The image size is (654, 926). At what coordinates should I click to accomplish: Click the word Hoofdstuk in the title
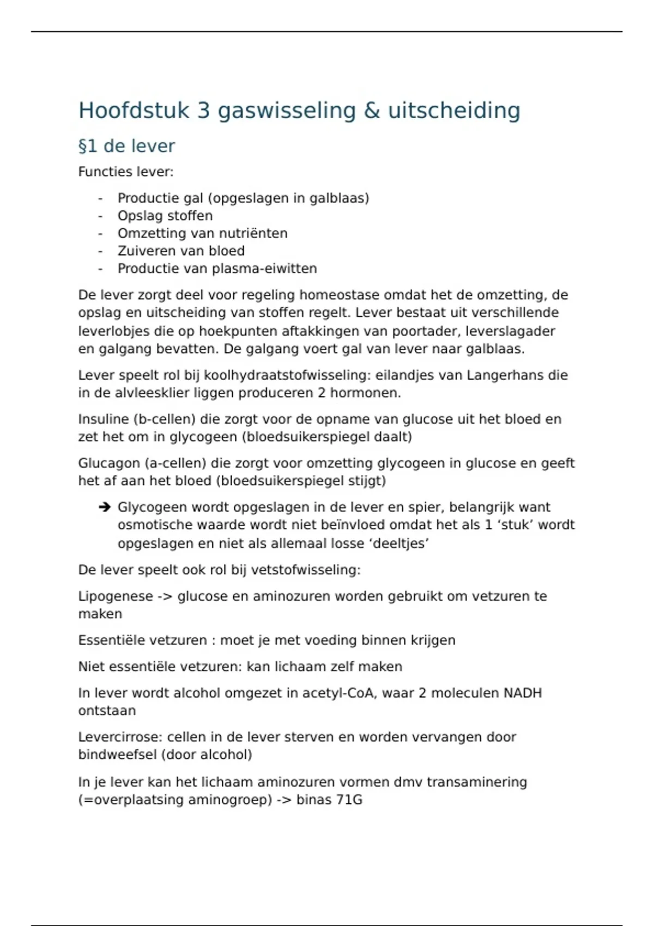coord(134,111)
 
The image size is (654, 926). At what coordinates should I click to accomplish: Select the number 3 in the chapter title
coord(203,111)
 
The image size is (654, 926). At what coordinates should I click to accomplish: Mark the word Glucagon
coord(108,464)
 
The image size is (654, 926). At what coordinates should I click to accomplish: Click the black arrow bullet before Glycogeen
coord(104,508)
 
